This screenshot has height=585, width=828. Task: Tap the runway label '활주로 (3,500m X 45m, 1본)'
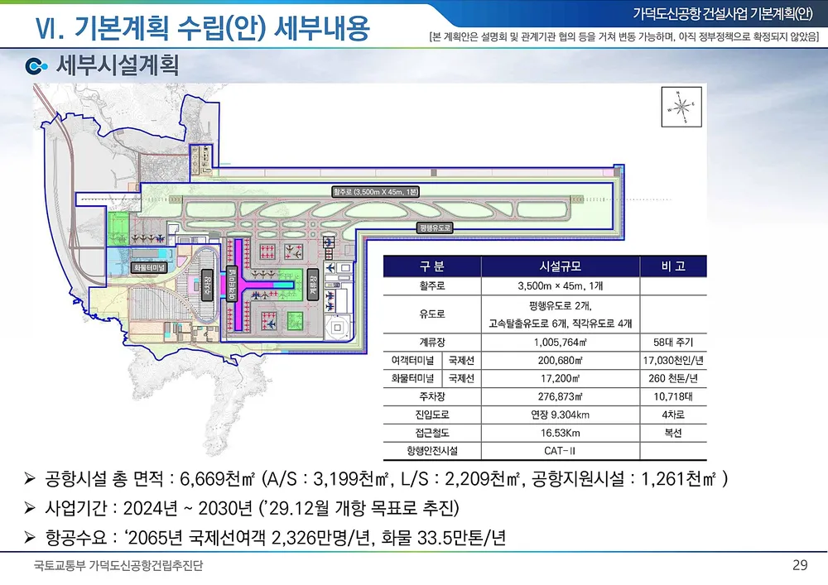tap(376, 192)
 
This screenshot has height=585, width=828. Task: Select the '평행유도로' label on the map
tap(434, 227)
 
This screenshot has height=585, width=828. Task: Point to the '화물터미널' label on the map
tap(149, 267)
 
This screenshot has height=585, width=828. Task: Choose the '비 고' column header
tap(672, 266)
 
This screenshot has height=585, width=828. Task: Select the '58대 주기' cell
tap(672, 342)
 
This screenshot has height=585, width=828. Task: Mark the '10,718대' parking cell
tap(672, 397)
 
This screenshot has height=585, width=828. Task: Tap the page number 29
tap(800, 566)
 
